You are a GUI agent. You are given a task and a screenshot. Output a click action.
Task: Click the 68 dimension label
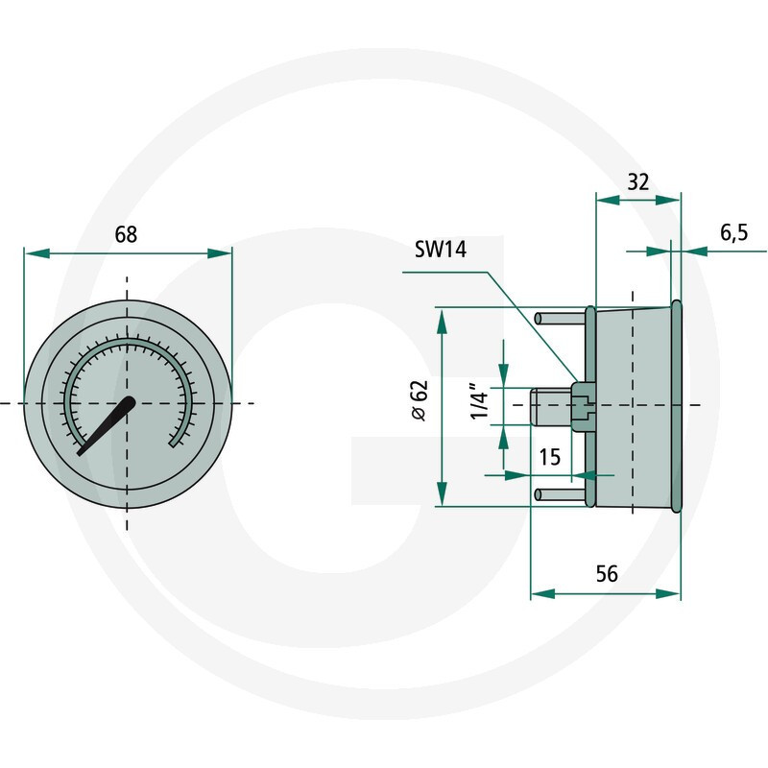click(x=126, y=233)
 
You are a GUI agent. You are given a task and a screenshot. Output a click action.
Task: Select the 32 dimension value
click(x=638, y=181)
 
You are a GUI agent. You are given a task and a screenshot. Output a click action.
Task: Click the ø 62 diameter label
click(x=418, y=400)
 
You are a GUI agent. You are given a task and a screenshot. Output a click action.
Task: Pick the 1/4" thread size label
click(x=481, y=403)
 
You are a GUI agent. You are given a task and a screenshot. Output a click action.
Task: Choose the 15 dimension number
click(x=549, y=457)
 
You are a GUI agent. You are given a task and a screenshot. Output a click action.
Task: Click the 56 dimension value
click(x=606, y=574)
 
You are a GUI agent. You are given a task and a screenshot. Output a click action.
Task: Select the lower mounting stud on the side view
click(x=561, y=493)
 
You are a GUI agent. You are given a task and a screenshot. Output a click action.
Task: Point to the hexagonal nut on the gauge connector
click(x=582, y=405)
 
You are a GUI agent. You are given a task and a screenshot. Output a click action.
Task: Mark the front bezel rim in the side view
click(x=677, y=405)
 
